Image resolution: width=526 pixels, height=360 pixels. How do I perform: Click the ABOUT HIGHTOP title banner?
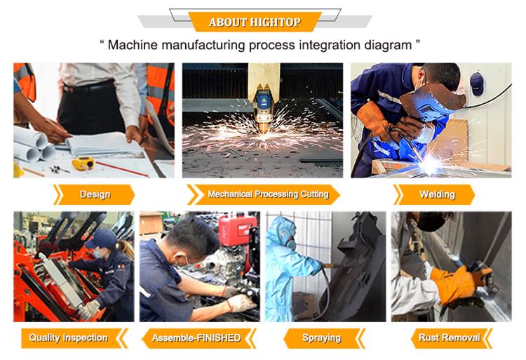tap(255, 22)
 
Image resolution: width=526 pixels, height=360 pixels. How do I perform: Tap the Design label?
tap(94, 194)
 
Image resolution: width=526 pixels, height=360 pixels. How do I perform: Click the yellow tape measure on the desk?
tap(83, 163)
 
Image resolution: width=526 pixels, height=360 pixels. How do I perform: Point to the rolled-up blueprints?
tap(34, 145)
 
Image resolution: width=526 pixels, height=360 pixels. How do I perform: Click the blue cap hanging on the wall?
tap(477, 84)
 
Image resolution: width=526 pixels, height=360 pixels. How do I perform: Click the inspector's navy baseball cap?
tap(100, 239)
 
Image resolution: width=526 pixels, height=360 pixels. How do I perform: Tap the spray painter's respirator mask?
tap(291, 243)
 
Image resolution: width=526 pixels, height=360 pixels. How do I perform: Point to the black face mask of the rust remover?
tap(431, 221)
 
